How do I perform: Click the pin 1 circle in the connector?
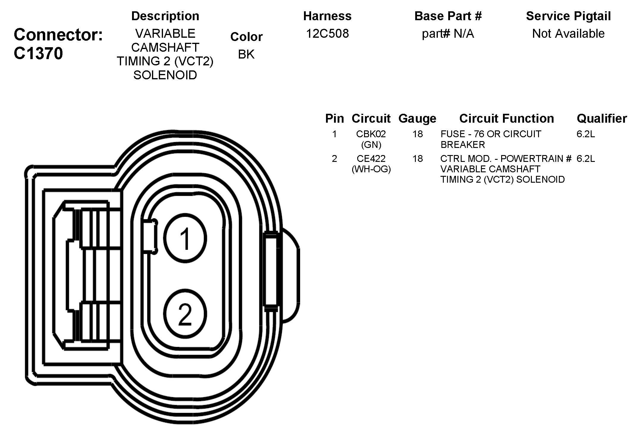[185, 238]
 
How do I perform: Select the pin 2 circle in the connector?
[185, 314]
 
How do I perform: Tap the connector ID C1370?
[38, 54]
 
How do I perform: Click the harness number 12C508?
[327, 34]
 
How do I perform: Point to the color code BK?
[246, 54]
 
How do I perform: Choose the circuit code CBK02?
[371, 134]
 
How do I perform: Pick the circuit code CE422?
[371, 159]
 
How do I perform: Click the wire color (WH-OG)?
[371, 169]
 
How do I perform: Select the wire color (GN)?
[371, 145]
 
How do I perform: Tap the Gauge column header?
[417, 119]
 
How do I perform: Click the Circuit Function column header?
[506, 119]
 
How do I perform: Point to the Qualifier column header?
[601, 119]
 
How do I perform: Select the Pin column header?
[334, 119]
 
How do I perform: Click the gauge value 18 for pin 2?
[417, 159]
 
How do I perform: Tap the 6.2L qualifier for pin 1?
[585, 134]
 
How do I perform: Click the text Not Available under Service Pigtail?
[568, 34]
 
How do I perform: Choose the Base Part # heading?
[448, 16]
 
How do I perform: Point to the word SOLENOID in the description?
[165, 75]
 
